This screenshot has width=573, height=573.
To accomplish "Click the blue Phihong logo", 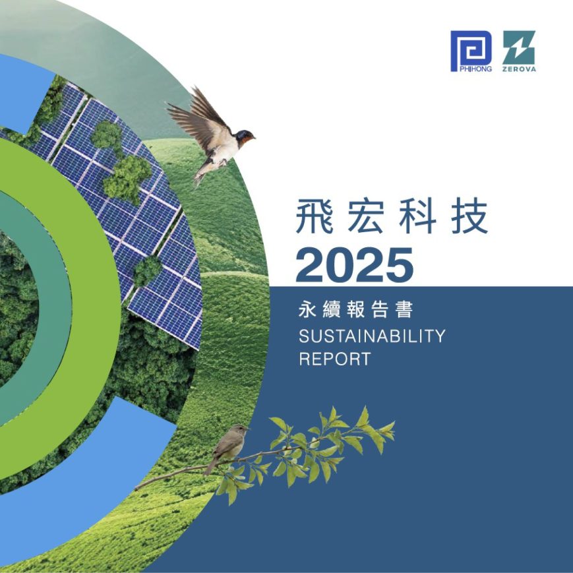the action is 471,51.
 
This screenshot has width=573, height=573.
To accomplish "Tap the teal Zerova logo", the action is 519,51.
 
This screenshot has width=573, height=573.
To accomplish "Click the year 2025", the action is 355,265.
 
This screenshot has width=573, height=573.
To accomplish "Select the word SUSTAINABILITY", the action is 372,336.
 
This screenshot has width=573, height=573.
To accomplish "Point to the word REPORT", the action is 335,359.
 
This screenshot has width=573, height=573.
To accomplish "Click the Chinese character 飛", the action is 314,216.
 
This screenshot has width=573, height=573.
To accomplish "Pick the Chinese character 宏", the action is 365,216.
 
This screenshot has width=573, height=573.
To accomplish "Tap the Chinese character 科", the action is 417,216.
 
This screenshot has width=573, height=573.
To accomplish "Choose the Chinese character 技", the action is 469,216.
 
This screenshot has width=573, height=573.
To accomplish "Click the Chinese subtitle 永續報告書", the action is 355,310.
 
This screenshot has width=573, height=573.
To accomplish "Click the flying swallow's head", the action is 245,136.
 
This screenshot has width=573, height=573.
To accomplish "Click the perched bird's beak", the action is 247,428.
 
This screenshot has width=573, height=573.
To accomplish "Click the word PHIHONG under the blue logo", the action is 475,69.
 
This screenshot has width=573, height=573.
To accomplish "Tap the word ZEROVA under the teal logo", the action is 519,69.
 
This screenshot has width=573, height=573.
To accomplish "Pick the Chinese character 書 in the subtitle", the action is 404,310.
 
